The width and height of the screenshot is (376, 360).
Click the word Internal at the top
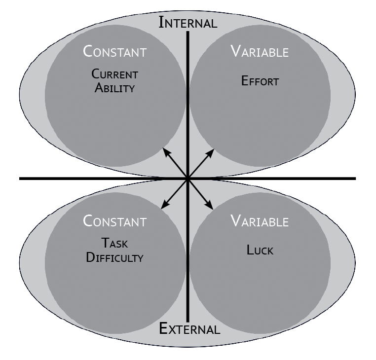coord(188,22)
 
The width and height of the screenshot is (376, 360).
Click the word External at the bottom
coord(189,329)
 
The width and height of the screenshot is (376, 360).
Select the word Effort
coord(260,81)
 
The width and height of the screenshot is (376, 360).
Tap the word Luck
coord(260,250)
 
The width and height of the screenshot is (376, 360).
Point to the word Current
coord(114,75)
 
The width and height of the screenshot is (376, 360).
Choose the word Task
coord(114,243)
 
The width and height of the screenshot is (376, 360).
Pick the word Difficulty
coord(114,257)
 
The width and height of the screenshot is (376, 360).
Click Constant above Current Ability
coord(114,51)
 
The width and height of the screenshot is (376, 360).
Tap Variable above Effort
coord(260,52)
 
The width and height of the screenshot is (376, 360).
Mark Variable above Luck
coord(260,221)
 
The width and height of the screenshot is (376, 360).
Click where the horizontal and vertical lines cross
coord(188,178)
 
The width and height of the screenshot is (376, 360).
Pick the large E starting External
coord(164,328)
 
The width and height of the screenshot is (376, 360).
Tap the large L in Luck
coord(250,250)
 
